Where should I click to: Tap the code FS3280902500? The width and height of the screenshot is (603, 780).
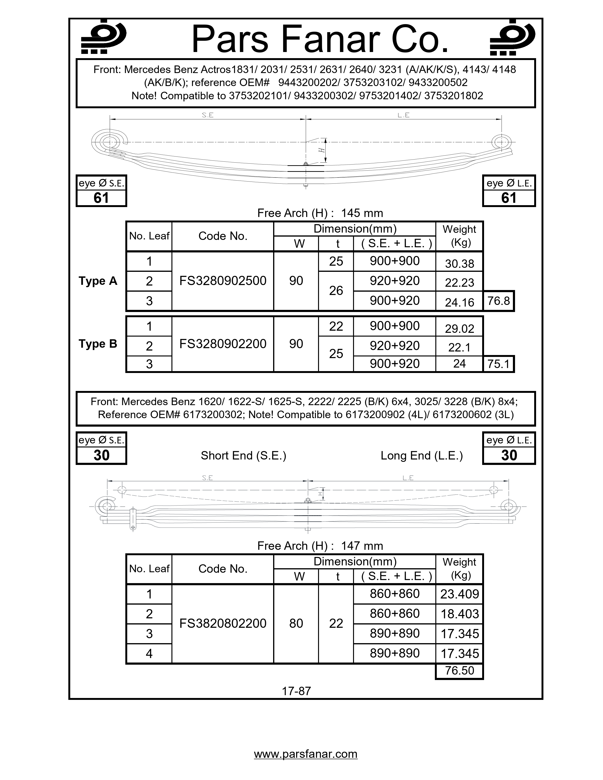[223, 281]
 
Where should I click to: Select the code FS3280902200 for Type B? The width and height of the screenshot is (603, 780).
[223, 344]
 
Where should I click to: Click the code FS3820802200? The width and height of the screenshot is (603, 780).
[223, 623]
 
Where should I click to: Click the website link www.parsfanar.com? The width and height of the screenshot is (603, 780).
[306, 754]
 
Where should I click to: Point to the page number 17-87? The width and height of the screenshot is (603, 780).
[296, 691]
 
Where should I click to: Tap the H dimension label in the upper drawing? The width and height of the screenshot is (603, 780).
[322, 150]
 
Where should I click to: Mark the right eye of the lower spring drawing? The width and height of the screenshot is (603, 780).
[508, 506]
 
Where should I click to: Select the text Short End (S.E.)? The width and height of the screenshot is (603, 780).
[243, 455]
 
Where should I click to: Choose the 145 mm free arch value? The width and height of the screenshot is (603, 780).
[362, 213]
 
